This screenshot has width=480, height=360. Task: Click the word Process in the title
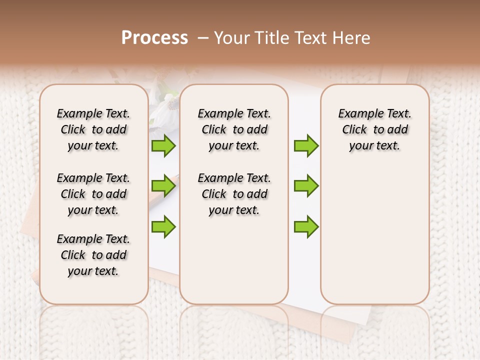[154, 38]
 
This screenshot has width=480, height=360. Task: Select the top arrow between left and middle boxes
[163, 146]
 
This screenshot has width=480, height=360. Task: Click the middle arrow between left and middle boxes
[163, 186]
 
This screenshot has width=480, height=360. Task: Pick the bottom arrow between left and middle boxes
[163, 226]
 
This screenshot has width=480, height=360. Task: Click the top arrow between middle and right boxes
[306, 146]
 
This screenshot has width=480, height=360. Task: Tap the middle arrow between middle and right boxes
[306, 186]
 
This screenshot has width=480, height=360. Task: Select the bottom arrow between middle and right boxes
[306, 226]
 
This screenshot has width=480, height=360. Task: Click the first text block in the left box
[93, 129]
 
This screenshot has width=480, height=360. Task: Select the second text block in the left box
[93, 194]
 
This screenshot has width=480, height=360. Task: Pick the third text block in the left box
[93, 255]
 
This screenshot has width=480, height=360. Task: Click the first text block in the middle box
[234, 129]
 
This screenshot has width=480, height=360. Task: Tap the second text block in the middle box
[234, 194]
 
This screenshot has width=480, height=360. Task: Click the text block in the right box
[374, 129]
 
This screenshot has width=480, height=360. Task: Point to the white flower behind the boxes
[162, 112]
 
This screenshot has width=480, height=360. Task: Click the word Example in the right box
[357, 113]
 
